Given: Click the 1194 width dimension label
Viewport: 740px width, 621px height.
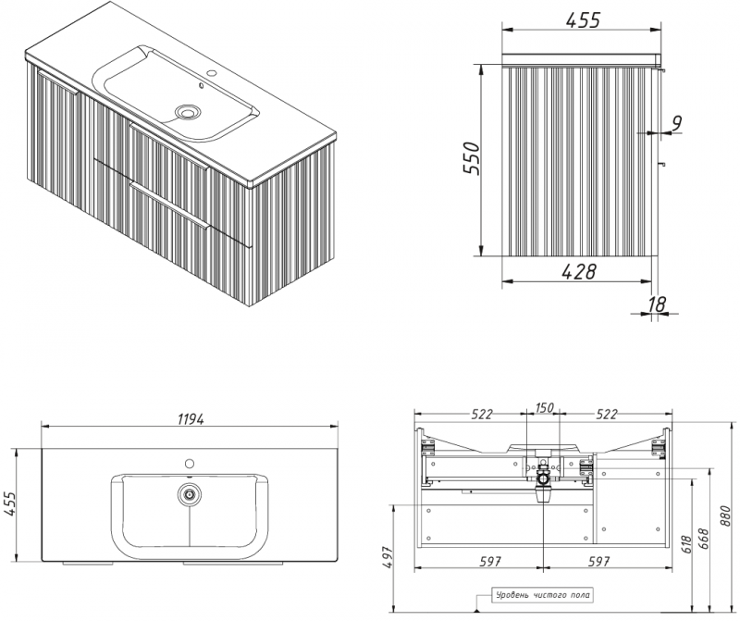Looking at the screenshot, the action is [191, 419].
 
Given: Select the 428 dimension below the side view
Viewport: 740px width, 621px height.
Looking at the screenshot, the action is [579, 271].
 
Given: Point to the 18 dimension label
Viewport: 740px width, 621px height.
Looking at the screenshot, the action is [657, 304].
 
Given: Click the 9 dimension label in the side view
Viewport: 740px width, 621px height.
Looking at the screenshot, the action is [677, 123].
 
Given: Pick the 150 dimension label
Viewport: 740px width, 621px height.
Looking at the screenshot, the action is [544, 407].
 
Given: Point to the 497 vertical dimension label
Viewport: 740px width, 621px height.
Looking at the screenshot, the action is [387, 558].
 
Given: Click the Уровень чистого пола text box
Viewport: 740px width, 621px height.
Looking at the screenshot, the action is [542, 595].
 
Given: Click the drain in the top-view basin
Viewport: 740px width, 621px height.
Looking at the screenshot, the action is [190, 495].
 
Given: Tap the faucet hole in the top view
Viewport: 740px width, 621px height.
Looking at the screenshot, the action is [190, 464].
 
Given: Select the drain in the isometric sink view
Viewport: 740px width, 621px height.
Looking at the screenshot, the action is [188, 112].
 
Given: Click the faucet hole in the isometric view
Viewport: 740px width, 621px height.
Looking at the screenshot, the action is [212, 74].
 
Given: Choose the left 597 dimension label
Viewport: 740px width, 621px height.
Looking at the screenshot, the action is [490, 561].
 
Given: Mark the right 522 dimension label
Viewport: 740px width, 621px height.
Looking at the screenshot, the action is [607, 415].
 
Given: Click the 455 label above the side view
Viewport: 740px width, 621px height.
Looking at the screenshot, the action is [583, 20].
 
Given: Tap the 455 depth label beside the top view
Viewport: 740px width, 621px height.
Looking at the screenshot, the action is [9, 505].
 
